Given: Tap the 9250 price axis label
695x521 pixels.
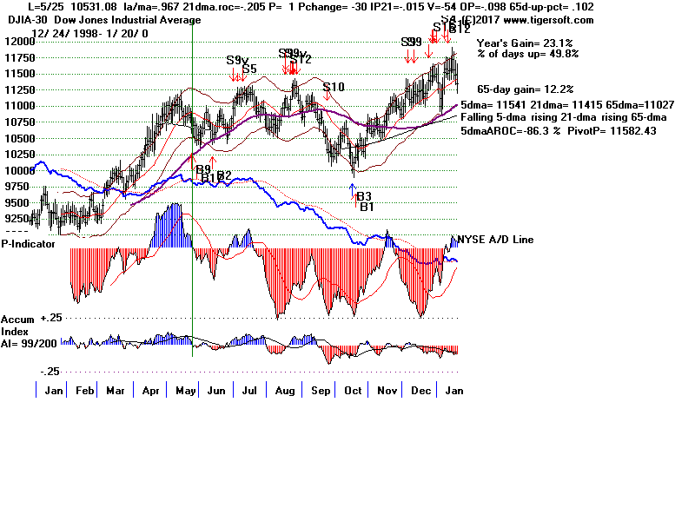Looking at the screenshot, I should (x=19, y=220).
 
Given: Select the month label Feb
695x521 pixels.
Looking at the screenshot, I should (x=86, y=391).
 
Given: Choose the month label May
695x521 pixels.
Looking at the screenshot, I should (x=185, y=391).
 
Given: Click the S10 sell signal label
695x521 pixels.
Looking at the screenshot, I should (x=334, y=87).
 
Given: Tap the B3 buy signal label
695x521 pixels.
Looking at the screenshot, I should (x=363, y=196).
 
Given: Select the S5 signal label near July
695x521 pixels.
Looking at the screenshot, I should (x=249, y=69).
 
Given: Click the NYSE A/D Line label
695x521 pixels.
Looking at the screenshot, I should (x=495, y=240).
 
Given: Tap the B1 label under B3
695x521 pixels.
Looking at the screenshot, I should (x=367, y=207).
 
